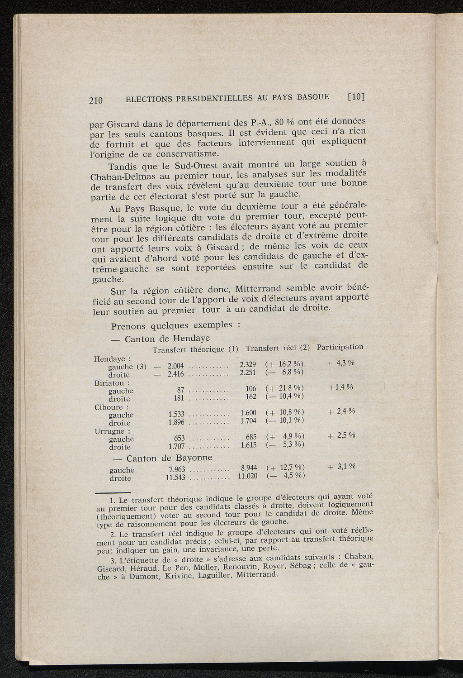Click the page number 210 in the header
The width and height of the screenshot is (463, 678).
click(96, 100)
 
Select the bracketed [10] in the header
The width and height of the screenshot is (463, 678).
click(356, 96)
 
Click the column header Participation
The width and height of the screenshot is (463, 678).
click(340, 347)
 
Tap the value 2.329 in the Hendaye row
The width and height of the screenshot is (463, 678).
click(248, 364)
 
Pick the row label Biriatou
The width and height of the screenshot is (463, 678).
click(107, 383)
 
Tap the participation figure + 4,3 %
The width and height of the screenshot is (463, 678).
click(340, 363)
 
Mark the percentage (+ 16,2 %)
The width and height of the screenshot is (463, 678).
click(284, 364)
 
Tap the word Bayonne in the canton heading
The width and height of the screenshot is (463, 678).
click(194, 458)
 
